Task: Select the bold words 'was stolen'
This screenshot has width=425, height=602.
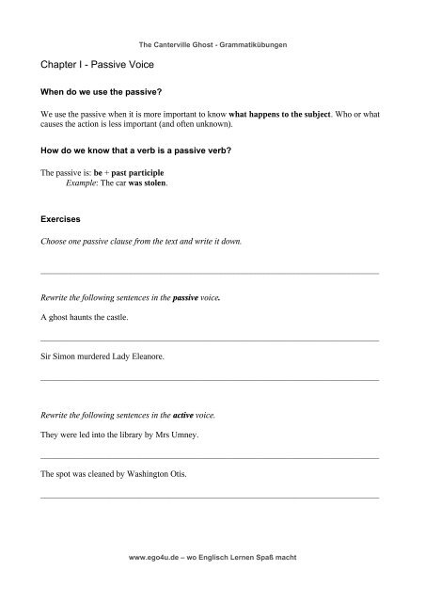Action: (150, 185)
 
